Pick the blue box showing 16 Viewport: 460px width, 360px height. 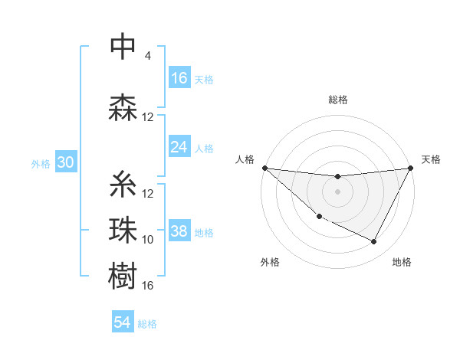coord(179,78)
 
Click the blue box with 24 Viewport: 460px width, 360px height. coord(179,147)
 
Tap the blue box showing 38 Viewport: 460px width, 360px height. coord(179,231)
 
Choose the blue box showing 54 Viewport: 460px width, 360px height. coord(123,323)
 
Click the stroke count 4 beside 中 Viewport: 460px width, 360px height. coord(148,56)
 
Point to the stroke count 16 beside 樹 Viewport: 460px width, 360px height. coord(148,286)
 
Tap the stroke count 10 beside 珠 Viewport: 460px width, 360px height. coord(148,240)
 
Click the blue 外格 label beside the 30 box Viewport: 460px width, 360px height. coord(40,163)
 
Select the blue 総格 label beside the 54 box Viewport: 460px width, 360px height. coord(147,324)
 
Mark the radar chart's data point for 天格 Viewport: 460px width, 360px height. coord(412,169)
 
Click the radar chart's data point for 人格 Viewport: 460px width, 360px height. coord(264,168)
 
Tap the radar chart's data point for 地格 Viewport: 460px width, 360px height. coord(374,242)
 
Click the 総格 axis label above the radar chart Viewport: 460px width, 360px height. coord(338,100)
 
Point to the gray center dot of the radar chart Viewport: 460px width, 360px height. coord(337,191)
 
